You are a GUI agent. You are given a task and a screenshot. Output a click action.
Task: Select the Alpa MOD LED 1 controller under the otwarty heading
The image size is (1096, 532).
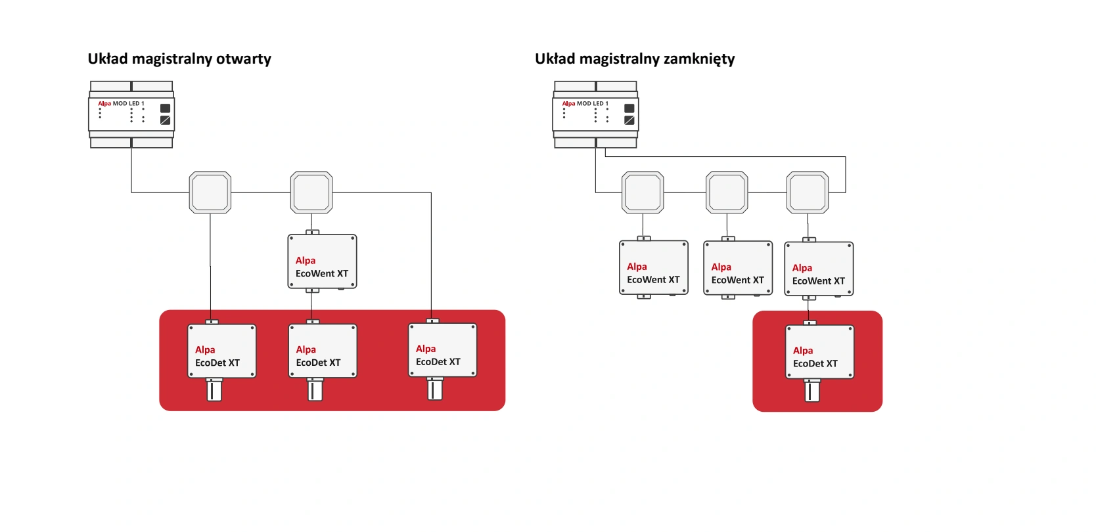click(131, 114)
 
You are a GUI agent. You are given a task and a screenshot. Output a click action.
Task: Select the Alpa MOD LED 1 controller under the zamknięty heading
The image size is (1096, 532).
click(595, 114)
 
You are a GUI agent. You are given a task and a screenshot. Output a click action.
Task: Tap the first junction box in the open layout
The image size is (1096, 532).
click(210, 192)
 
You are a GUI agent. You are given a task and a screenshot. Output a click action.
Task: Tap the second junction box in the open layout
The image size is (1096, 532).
click(311, 192)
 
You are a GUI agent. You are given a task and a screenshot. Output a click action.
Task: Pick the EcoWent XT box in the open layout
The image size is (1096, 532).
click(322, 262)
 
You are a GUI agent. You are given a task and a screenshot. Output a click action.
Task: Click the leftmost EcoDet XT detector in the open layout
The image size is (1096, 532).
click(221, 351)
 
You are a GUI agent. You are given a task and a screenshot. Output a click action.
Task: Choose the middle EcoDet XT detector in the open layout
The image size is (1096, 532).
click(323, 351)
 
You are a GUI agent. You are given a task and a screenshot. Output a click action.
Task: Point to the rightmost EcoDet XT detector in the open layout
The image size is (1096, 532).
click(442, 350)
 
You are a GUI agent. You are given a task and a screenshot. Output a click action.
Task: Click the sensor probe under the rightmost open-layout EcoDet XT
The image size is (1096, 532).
click(434, 389)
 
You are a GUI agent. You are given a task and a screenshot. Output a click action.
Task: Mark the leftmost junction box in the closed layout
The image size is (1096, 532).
click(643, 192)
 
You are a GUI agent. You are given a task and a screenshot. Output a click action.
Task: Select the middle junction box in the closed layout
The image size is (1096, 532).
click(727, 192)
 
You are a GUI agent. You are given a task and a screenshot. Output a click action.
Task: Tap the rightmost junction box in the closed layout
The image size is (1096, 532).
click(808, 192)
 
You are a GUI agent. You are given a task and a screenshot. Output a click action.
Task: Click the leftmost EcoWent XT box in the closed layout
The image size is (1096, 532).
click(654, 268)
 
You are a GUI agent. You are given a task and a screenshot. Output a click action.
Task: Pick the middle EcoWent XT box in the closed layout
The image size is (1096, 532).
click(738, 268)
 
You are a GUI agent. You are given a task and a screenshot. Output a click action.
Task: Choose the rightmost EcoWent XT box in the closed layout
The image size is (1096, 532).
click(819, 269)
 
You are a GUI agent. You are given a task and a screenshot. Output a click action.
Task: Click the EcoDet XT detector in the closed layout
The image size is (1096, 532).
click(819, 352)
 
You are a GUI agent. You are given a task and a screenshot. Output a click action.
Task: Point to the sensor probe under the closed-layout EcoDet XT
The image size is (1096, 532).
click(812, 391)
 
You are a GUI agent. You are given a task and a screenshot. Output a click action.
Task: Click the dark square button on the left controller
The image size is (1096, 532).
click(165, 108)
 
